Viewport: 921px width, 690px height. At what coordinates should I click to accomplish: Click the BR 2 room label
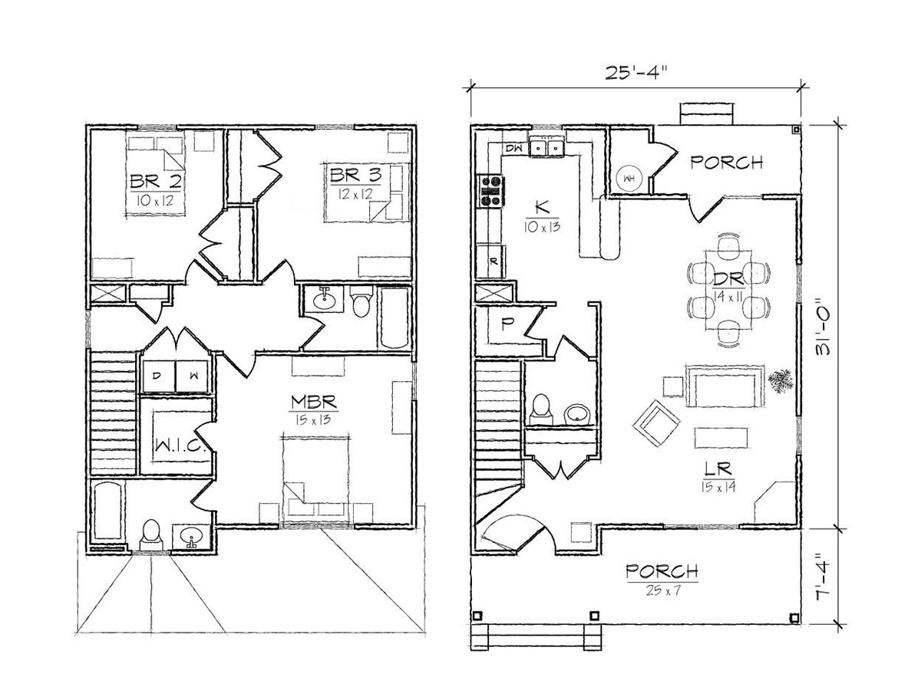click(x=156, y=182)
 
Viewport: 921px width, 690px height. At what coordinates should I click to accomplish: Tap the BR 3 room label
click(x=355, y=175)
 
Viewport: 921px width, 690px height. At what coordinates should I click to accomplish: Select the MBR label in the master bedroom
click(x=314, y=402)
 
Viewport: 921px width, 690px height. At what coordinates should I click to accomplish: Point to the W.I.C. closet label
click(x=180, y=446)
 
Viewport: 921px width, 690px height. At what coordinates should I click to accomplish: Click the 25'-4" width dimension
click(x=635, y=73)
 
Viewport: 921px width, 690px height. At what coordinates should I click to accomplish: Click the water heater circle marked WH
click(x=628, y=179)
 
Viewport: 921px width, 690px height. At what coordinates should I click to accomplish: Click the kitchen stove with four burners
click(x=491, y=191)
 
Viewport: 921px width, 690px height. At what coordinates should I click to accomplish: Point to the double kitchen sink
click(x=546, y=147)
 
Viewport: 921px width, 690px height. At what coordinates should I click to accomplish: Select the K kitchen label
click(x=540, y=207)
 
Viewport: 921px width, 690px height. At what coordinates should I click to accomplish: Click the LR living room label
click(x=718, y=468)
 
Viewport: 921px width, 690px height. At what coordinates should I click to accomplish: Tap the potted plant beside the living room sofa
click(x=781, y=381)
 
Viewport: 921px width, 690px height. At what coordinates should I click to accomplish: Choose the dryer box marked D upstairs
click(x=157, y=376)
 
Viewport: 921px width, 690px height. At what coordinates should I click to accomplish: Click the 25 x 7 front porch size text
click(x=662, y=590)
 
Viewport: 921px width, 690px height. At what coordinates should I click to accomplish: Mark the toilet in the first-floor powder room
click(x=540, y=409)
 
